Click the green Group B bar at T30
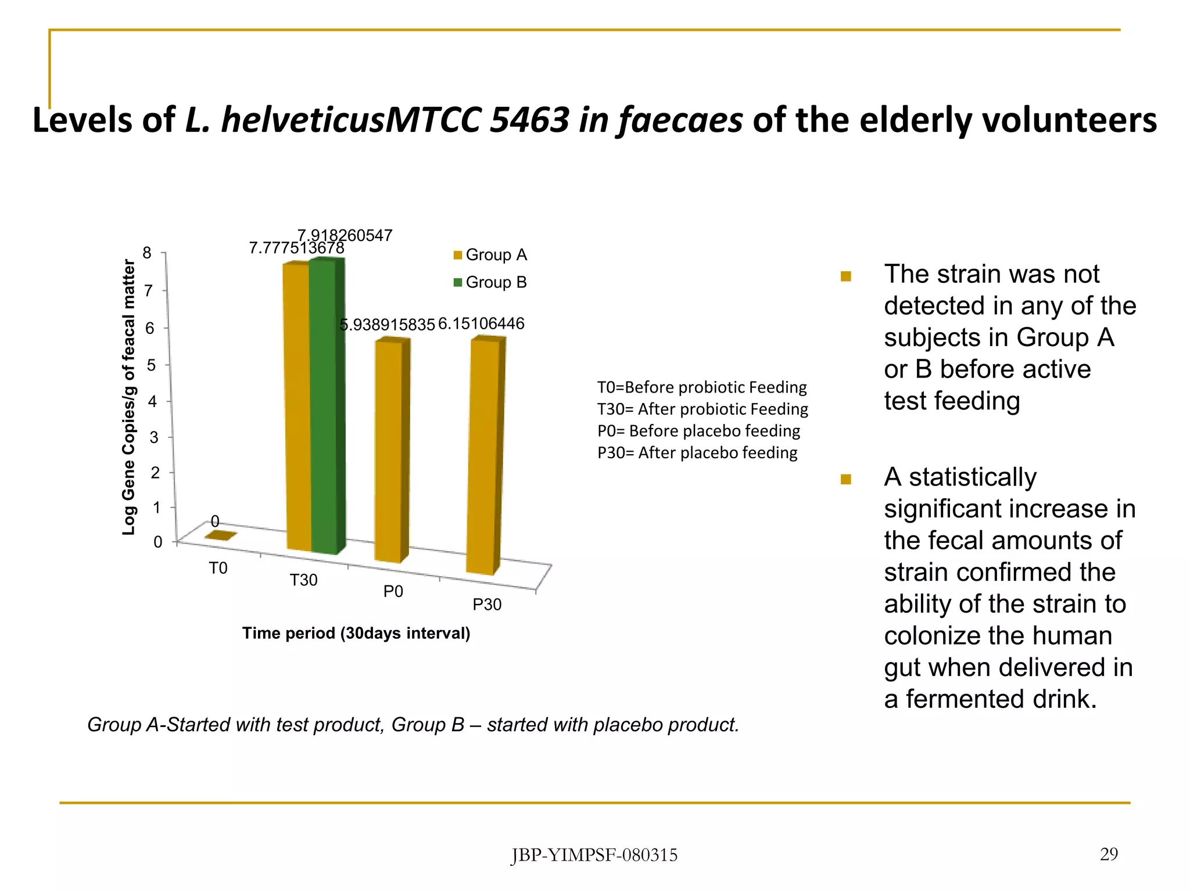click(x=324, y=407)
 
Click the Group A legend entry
click(x=490, y=255)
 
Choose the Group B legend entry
click(x=490, y=282)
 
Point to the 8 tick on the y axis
click(x=147, y=253)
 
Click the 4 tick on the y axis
click(x=152, y=401)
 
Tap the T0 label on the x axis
click(x=218, y=568)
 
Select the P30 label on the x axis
click(x=486, y=605)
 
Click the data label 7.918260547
click(x=345, y=235)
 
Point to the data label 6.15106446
click(x=481, y=323)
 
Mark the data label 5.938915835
click(x=387, y=325)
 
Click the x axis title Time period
click(x=356, y=633)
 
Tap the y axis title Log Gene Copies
click(x=128, y=397)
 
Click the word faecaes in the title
click(x=680, y=120)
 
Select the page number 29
click(x=1109, y=854)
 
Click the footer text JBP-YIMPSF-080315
click(x=594, y=855)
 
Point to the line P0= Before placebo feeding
click(x=698, y=431)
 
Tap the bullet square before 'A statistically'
click(x=846, y=479)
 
